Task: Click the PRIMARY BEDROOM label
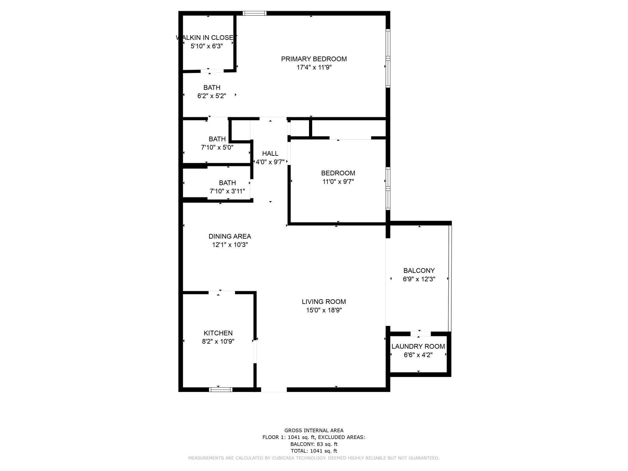coord(314,59)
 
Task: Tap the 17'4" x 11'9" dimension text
coord(314,67)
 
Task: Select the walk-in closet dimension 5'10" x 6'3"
coord(207,46)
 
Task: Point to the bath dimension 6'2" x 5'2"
coord(212,96)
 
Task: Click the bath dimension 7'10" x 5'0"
coord(217,147)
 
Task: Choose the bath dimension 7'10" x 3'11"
coord(227,191)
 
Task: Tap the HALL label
coord(270,154)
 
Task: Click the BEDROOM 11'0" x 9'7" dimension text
coord(338,181)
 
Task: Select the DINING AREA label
coord(230,236)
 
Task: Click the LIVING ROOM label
coord(324,302)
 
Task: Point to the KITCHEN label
coord(218,333)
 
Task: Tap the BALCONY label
coord(419,270)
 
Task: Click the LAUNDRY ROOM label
coord(418,346)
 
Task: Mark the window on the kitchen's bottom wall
coord(221,390)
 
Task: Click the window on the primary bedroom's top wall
coord(255,13)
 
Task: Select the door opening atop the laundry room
coord(420,334)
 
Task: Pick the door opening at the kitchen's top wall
coord(222,293)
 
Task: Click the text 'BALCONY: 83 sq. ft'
coord(314,444)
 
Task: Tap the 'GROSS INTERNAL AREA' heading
coord(314,430)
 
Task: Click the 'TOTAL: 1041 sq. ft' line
coord(314,451)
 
